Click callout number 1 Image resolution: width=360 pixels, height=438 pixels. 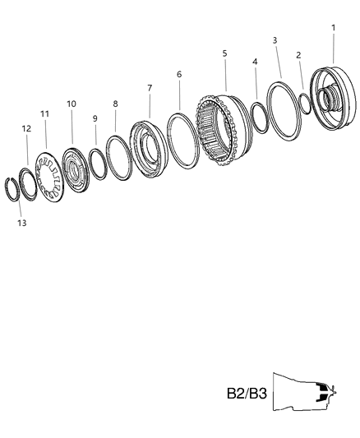pyautogui.click(x=333, y=27)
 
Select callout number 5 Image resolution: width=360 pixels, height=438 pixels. pyautogui.click(x=224, y=53)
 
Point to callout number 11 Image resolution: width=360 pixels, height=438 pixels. pyautogui.click(x=44, y=113)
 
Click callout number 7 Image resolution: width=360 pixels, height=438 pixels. pyautogui.click(x=150, y=87)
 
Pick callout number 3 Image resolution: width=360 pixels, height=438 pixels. pyautogui.click(x=275, y=40)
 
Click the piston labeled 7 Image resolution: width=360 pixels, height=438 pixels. pyautogui.click(x=149, y=152)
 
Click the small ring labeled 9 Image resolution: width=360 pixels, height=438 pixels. pyautogui.click(x=97, y=163)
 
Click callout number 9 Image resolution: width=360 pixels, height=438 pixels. pyautogui.click(x=95, y=118)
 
